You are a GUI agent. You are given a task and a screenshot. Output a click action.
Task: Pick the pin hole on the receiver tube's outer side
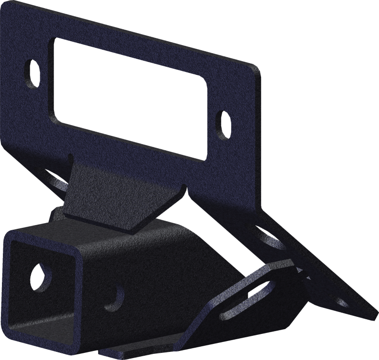tap(114, 297)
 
